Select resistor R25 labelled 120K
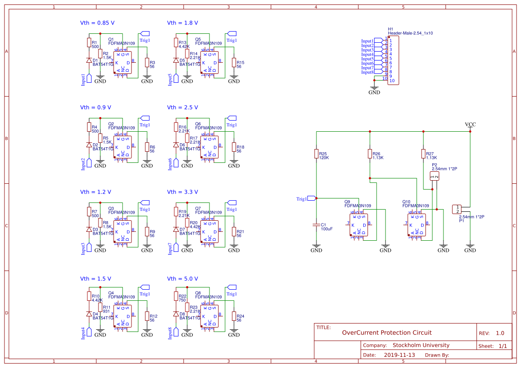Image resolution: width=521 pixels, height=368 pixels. click(x=316, y=154)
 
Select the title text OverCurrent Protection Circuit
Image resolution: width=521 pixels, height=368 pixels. click(x=386, y=333)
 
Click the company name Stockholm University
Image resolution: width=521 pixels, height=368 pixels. click(x=421, y=345)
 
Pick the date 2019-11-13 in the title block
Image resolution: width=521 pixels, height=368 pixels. click(x=399, y=355)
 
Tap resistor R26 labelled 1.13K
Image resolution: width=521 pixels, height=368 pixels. click(x=369, y=154)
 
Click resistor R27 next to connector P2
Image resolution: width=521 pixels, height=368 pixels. click(x=423, y=154)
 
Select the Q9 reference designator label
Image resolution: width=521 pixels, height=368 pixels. click(x=347, y=202)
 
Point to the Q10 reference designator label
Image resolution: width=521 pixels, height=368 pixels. click(x=406, y=202)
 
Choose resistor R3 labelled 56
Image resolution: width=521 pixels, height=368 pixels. click(x=147, y=63)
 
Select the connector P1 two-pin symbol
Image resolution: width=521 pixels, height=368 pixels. click(x=457, y=209)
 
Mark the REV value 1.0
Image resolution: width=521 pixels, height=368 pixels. click(x=500, y=333)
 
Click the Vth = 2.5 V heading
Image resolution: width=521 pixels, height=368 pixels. click(x=182, y=108)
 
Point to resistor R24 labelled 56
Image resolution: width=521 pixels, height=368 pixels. click(x=234, y=316)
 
